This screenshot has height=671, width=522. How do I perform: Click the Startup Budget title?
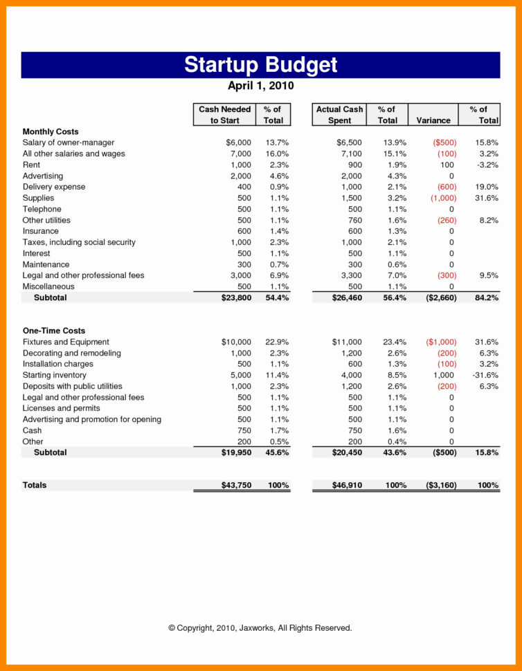tap(261, 65)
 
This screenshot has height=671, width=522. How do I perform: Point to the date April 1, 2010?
tap(261, 86)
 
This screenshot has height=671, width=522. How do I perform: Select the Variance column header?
tap(433, 120)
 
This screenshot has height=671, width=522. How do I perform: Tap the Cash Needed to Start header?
tap(224, 115)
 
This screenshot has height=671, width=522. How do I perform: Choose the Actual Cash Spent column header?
tap(339, 115)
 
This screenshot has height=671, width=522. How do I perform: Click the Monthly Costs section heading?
tap(51, 131)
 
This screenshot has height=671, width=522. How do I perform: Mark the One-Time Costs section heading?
tap(54, 331)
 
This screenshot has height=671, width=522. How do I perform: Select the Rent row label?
tap(32, 165)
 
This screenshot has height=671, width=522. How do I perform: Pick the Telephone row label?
tap(42, 209)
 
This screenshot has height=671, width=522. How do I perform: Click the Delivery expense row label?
tap(54, 187)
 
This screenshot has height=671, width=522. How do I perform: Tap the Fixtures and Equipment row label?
tap(66, 342)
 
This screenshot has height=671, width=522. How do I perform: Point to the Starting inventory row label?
tap(55, 375)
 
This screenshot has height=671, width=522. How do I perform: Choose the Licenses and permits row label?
tap(61, 408)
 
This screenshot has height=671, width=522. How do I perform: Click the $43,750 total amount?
tap(236, 486)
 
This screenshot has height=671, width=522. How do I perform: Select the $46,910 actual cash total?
tap(347, 486)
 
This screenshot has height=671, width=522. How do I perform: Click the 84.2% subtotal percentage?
tap(487, 297)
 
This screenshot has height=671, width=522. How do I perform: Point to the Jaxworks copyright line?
tap(260, 628)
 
